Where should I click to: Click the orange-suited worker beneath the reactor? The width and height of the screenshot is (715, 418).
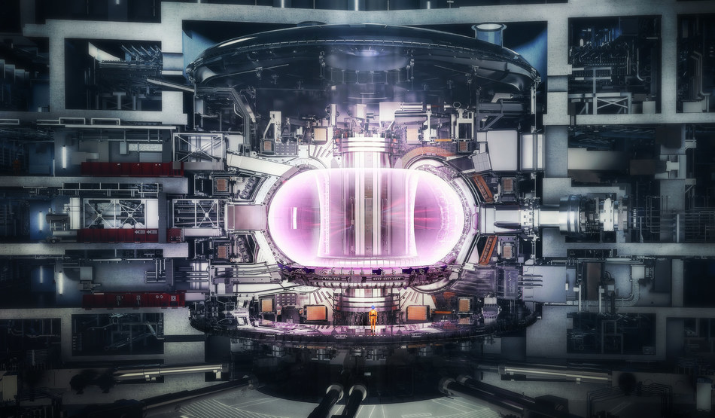point(373,319)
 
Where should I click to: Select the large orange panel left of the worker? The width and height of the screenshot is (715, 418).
point(316,313)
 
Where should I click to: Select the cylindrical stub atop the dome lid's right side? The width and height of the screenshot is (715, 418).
point(488,33)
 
